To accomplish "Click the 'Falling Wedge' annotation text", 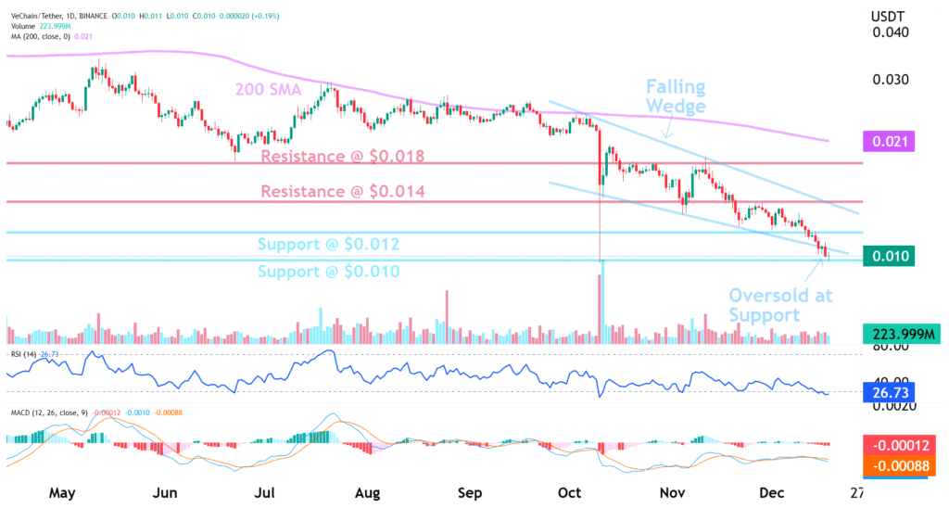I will pos(676,96).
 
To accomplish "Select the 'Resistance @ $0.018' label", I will pos(342,156).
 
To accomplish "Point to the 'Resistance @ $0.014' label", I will pos(342,192).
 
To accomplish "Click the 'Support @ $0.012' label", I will pos(328,245).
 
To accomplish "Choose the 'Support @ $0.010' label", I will pos(328,272).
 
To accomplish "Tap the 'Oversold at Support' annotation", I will pos(780,305).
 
